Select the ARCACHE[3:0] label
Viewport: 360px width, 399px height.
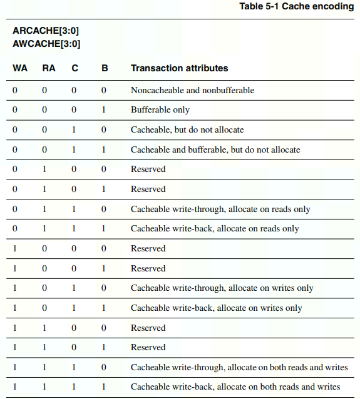(46, 31)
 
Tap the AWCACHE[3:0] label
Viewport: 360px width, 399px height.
(46, 44)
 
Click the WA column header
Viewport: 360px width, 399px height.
(19, 68)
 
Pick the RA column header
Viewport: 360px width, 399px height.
(48, 68)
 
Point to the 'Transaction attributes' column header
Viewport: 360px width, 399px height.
(179, 68)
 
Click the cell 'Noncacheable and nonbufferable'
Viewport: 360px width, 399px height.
(192, 90)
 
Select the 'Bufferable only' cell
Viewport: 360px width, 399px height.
(160, 109)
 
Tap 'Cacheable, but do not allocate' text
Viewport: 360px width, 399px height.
(187, 129)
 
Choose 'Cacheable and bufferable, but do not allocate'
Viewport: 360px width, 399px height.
(215, 149)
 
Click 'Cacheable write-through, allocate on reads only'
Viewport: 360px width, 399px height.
(220, 209)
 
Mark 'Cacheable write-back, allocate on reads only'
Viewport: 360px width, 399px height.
(215, 228)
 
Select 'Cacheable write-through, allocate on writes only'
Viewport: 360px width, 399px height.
(222, 288)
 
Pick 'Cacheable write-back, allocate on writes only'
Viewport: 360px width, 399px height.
(216, 308)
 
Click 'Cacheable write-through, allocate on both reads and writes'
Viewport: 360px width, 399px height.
(239, 367)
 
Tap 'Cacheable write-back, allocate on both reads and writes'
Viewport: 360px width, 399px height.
(235, 386)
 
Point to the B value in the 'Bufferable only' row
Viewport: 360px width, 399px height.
(104, 109)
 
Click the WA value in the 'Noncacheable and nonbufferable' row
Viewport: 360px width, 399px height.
(15, 90)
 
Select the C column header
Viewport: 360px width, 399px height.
(75, 68)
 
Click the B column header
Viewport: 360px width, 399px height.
(105, 68)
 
